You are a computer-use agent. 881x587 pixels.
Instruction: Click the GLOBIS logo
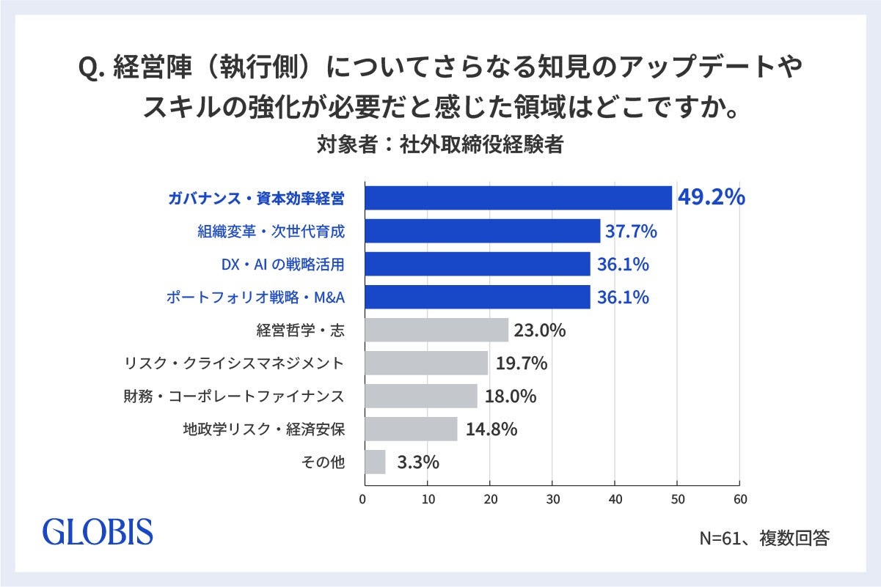98,531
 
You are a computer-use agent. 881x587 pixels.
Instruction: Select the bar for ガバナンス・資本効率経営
519,198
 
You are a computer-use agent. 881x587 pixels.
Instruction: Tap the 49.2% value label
711,197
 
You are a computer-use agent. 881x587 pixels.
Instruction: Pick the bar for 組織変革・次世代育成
483,231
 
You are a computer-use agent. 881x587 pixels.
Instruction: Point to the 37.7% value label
631,231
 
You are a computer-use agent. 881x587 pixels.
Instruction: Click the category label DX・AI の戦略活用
282,265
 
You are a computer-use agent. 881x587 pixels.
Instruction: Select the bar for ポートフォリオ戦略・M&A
478,297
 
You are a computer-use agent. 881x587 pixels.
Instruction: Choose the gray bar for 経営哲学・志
436,330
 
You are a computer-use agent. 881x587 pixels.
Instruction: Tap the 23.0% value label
540,331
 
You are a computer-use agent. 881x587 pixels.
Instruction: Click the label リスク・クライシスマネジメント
235,363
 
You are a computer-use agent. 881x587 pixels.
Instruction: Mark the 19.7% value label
522,363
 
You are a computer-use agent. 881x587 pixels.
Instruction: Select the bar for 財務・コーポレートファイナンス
421,396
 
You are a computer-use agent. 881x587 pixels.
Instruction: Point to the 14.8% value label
491,429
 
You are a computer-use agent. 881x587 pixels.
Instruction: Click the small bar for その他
375,462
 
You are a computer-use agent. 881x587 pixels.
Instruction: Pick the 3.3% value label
418,462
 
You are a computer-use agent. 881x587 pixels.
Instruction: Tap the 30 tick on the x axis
552,499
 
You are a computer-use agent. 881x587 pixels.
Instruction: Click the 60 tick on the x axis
740,499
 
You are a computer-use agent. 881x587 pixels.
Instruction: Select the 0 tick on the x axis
362,499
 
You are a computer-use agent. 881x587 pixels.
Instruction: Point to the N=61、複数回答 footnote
764,538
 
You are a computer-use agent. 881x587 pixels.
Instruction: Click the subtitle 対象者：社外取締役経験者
440,144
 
